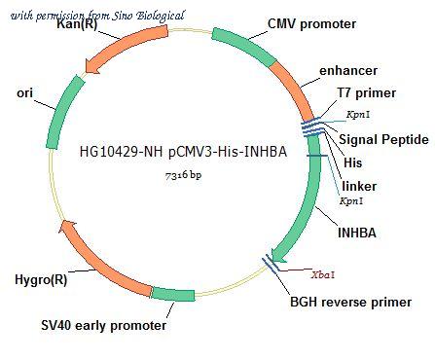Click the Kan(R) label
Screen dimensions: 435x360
[77, 24]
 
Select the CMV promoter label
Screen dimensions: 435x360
[311, 24]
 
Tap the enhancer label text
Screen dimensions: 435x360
[348, 70]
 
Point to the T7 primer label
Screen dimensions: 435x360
[367, 93]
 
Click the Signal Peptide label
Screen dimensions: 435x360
[383, 139]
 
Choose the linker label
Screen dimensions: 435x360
[359, 186]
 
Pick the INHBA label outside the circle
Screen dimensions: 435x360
[357, 233]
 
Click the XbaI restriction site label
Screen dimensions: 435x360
[323, 275]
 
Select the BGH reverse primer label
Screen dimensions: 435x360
[350, 302]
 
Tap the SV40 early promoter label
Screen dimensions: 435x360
[104, 325]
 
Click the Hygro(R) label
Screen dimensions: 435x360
[41, 279]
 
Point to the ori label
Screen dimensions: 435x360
[25, 93]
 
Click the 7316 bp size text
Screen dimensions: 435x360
[184, 175]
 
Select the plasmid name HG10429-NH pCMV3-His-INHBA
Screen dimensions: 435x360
[183, 152]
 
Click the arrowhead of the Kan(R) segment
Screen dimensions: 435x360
[92, 66]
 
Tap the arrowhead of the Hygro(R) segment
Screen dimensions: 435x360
[67, 226]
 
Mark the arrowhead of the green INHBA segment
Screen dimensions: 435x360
[278, 255]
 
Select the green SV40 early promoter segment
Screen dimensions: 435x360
[173, 295]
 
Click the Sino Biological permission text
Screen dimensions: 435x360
[97, 16]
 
